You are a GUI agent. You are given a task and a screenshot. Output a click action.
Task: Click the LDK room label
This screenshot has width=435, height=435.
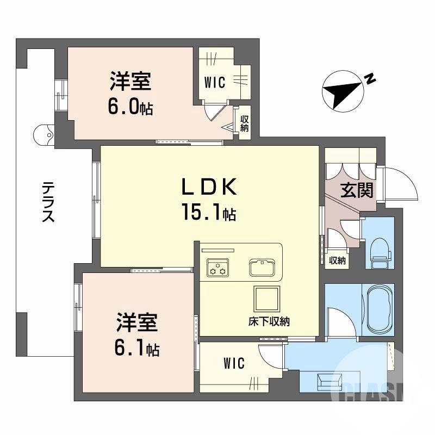click(208, 188)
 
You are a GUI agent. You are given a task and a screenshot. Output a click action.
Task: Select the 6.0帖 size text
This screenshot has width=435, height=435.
click(130, 107)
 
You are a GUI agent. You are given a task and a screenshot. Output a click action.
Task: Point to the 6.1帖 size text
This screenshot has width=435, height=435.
click(136, 348)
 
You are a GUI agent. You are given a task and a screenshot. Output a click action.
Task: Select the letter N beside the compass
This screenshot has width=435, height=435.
click(370, 79)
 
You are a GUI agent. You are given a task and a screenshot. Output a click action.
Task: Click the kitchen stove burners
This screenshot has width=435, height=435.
click(217, 268)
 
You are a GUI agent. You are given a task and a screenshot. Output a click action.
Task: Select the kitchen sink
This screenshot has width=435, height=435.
click(264, 267)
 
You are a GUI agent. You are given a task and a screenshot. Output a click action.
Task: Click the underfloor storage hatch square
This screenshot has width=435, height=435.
click(266, 299)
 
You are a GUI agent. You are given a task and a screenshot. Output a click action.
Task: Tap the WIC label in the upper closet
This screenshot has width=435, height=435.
click(215, 82)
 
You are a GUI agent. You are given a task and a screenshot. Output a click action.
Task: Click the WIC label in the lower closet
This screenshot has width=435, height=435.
click(234, 363)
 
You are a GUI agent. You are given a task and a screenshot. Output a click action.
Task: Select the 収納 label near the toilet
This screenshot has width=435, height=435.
click(338, 261)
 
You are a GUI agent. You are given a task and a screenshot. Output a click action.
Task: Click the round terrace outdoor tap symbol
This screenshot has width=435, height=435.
click(43, 134)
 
